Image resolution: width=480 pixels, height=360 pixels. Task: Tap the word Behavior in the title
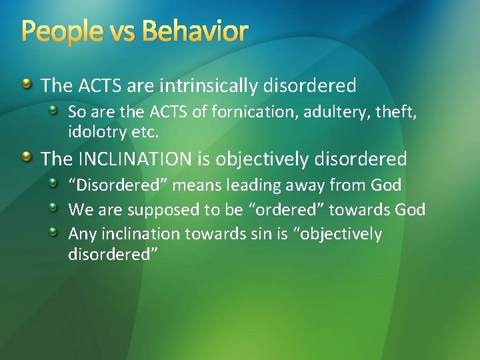(195, 31)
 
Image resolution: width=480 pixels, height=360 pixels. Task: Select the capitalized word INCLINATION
(137, 159)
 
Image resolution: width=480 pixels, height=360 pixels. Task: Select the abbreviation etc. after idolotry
(145, 132)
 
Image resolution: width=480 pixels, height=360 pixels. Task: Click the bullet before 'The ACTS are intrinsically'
(26, 85)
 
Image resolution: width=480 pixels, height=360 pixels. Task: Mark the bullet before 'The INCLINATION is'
(26, 158)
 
